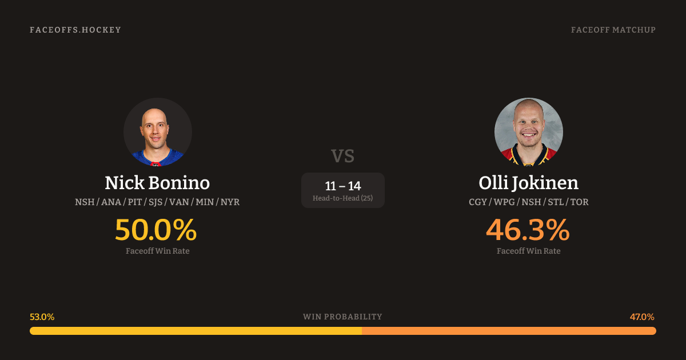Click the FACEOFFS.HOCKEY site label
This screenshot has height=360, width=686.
coord(75,30)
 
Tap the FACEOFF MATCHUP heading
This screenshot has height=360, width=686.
coord(613,30)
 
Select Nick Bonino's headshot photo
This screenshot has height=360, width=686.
coord(158,132)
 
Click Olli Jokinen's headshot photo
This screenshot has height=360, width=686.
coord(529,132)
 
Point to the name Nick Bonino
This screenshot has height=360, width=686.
coord(157,183)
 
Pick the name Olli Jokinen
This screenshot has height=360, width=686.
coord(529,183)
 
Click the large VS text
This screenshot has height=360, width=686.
coord(342,156)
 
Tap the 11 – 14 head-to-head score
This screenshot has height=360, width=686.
coord(342,186)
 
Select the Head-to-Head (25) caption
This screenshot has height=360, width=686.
coord(342,198)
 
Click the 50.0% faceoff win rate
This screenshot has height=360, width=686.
coord(155,230)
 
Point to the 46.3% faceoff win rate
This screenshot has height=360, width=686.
coord(528,230)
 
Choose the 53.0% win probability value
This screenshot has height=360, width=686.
coord(42,317)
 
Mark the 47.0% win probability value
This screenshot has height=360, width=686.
coord(642,317)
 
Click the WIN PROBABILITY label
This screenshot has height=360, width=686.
coord(342,317)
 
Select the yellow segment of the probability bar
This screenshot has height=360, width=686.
coord(196,331)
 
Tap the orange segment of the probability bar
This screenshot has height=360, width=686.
coord(509,331)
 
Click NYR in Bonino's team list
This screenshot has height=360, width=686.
coord(230,202)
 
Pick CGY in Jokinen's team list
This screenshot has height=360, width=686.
coord(477,202)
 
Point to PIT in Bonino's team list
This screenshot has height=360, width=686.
coord(135,202)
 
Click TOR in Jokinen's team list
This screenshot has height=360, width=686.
coord(580,202)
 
